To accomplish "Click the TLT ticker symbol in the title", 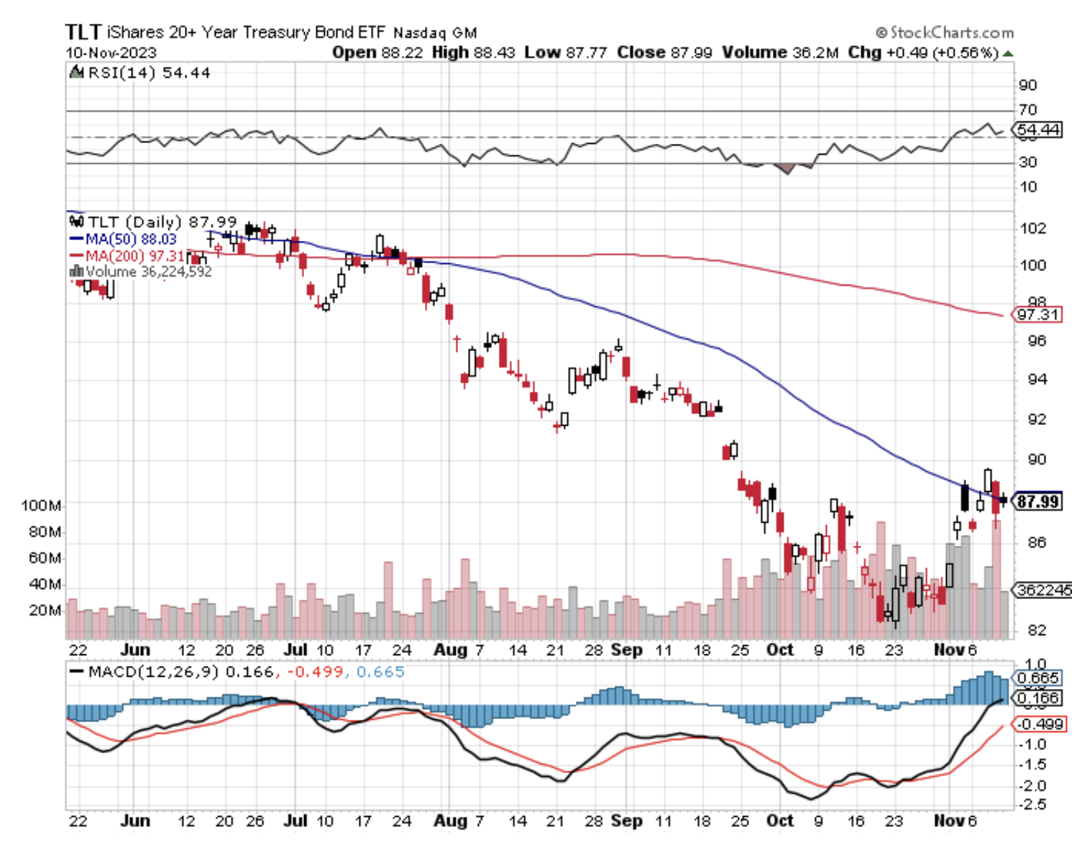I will pyautogui.click(x=83, y=32).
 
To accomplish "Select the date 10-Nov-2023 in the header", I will pyautogui.click(x=111, y=52).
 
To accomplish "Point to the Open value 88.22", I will pyautogui.click(x=402, y=52).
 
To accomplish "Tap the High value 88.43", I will pyautogui.click(x=494, y=52).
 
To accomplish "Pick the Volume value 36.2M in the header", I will pyautogui.click(x=815, y=52).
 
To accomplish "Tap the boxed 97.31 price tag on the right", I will pyautogui.click(x=1037, y=314).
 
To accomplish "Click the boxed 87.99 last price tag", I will pyautogui.click(x=1037, y=501).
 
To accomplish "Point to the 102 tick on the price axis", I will pyautogui.click(x=1033, y=229).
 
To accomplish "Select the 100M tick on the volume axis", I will pyautogui.click(x=41, y=506).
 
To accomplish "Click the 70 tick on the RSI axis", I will pyautogui.click(x=1028, y=110).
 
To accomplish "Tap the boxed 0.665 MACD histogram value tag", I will pyautogui.click(x=1038, y=677).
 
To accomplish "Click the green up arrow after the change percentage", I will pyautogui.click(x=1008, y=53).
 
